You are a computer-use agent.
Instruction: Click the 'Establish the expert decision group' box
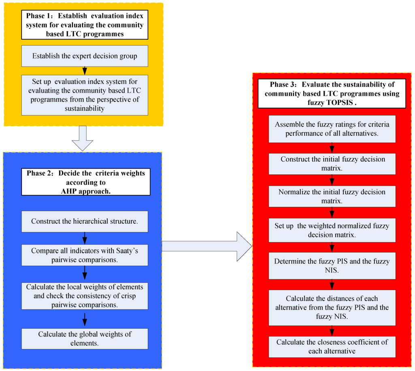pyautogui.click(x=85, y=56)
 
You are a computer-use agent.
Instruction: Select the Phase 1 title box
pyautogui.click(x=85, y=25)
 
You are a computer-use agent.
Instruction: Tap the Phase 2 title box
pyautogui.click(x=85, y=182)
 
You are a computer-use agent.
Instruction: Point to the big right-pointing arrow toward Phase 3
pyautogui.click(x=207, y=246)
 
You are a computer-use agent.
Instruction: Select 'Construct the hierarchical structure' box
pyautogui.click(x=85, y=221)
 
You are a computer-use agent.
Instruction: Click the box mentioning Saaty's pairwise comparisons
pyautogui.click(x=85, y=255)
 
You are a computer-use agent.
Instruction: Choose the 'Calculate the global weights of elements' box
pyautogui.click(x=85, y=339)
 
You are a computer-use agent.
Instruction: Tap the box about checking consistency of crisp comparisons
pyautogui.click(x=85, y=296)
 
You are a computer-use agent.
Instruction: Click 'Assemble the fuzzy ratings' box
pyautogui.click(x=332, y=129)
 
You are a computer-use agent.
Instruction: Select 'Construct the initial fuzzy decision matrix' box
pyautogui.click(x=332, y=163)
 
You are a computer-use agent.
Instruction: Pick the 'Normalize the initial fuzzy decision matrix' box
pyautogui.click(x=332, y=196)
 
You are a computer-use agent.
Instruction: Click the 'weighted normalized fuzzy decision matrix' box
pyautogui.click(x=332, y=230)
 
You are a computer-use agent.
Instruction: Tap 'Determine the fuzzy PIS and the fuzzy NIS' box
pyautogui.click(x=332, y=266)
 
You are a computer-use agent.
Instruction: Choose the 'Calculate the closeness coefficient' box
pyautogui.click(x=332, y=346)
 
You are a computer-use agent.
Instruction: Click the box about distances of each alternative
pyautogui.click(x=332, y=307)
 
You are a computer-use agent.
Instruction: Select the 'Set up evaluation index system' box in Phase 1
pyautogui.click(x=85, y=94)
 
